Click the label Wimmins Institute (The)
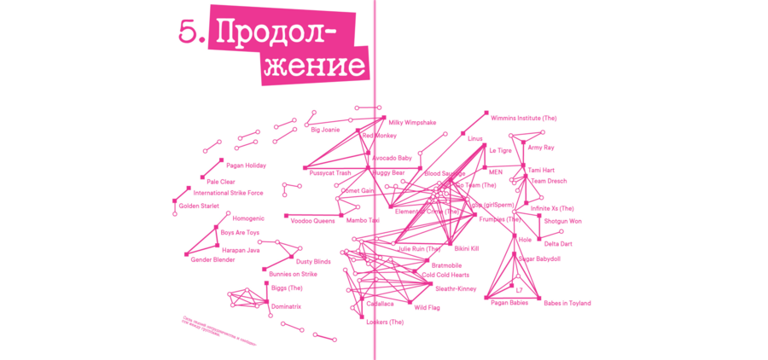pyautogui.click(x=523, y=118)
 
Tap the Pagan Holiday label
pyautogui.click(x=246, y=165)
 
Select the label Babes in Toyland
pyautogui.click(x=567, y=303)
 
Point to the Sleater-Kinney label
pyautogui.click(x=456, y=288)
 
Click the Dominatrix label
pyautogui.click(x=286, y=306)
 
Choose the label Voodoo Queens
pyautogui.click(x=312, y=221)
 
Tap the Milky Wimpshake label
pyautogui.click(x=412, y=123)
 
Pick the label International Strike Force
pyautogui.click(x=228, y=193)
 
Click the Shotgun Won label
pyautogui.click(x=562, y=221)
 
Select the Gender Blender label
pyautogui.click(x=212, y=259)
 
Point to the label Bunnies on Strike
pyautogui.click(x=293, y=275)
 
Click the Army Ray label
pyautogui.click(x=541, y=148)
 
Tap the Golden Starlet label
pyautogui.click(x=199, y=206)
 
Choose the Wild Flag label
pyautogui.click(x=427, y=307)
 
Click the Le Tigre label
pyautogui.click(x=500, y=150)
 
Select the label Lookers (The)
pyautogui.click(x=384, y=322)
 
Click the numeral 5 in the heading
pyautogui.click(x=188, y=32)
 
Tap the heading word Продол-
pyautogui.click(x=272, y=32)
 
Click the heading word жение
pyautogui.click(x=314, y=66)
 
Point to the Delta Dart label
pyautogui.click(x=558, y=244)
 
